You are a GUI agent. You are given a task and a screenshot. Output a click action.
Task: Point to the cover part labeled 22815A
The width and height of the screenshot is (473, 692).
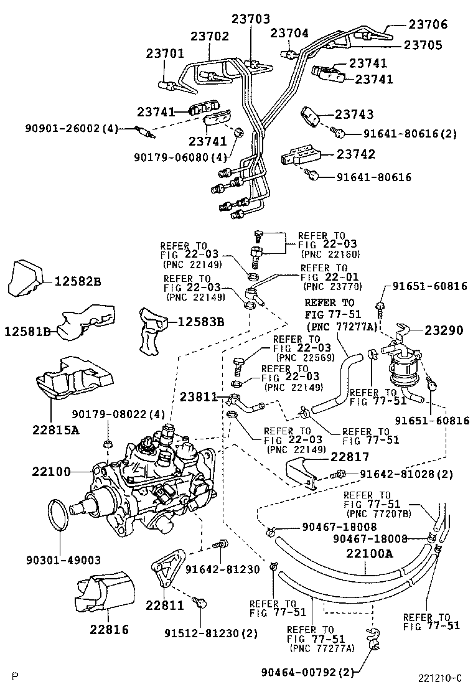click(x=73, y=380)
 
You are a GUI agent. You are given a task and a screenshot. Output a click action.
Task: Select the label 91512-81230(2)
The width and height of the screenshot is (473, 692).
click(x=203, y=634)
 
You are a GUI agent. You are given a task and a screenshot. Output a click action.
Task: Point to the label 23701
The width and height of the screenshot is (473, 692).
click(x=166, y=55)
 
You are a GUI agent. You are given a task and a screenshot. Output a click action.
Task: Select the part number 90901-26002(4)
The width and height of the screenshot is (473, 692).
click(x=72, y=128)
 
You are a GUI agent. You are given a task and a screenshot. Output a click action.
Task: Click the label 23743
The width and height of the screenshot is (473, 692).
click(x=354, y=114)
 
